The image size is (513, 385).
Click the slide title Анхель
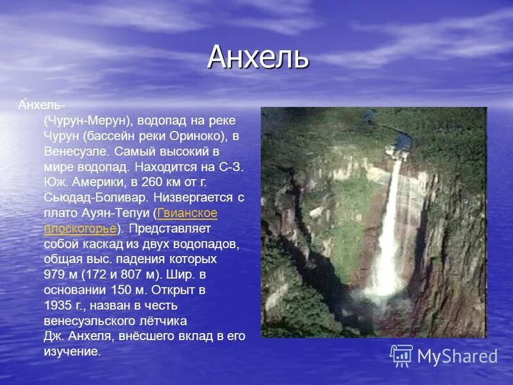pos(258,58)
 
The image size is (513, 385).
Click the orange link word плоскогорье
pos(80,228)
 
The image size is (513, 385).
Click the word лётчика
pos(163,321)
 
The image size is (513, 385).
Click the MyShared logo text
pos(457,356)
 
